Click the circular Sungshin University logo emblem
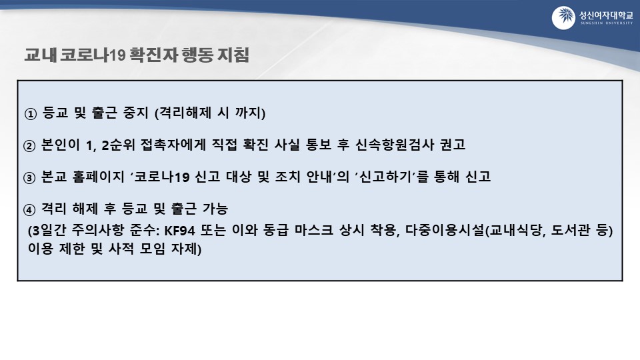click(563, 18)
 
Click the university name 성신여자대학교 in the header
click(606, 15)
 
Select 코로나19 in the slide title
click(92, 55)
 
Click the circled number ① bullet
click(31, 114)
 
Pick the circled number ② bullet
click(29, 146)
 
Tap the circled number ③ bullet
click(29, 178)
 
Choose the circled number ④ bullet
click(29, 210)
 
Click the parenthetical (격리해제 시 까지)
click(210, 113)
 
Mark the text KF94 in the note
click(179, 231)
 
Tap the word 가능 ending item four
click(215, 209)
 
